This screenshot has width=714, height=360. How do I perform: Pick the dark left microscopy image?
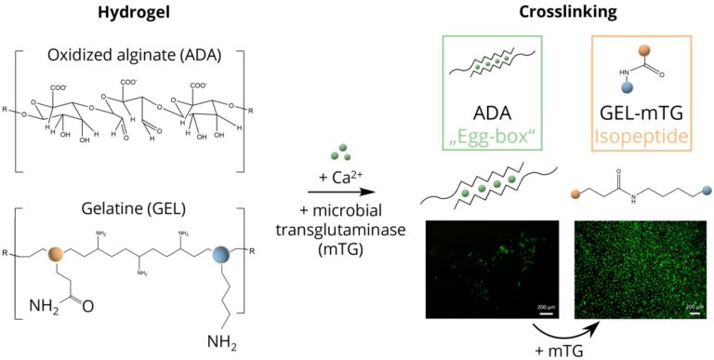(x=489, y=270)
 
